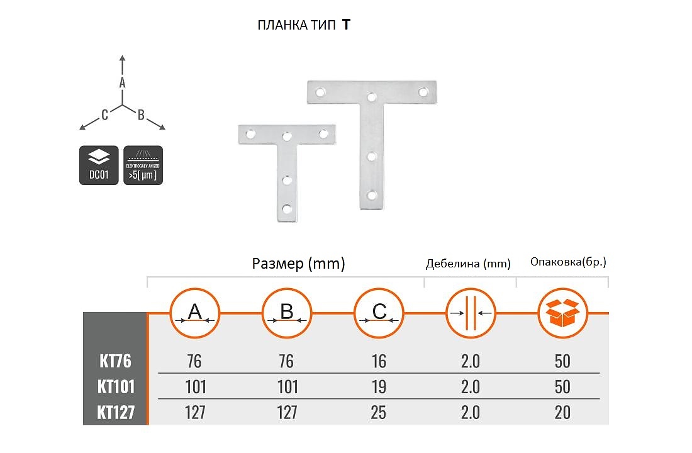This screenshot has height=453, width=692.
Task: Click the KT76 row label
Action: pyautogui.click(x=115, y=361)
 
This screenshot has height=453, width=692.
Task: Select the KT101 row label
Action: pyautogui.click(x=116, y=386)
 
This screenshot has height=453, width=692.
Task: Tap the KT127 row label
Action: pyautogui.click(x=116, y=412)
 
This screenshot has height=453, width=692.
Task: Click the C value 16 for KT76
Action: pyautogui.click(x=379, y=361)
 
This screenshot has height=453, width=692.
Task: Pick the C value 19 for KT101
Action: pyautogui.click(x=379, y=386)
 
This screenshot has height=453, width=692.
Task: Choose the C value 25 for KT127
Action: pyautogui.click(x=379, y=412)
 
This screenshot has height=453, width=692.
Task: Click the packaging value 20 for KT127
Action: pyautogui.click(x=562, y=412)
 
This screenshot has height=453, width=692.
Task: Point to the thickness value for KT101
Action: pyautogui.click(x=471, y=386)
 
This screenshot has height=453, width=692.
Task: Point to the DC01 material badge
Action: pyautogui.click(x=99, y=165)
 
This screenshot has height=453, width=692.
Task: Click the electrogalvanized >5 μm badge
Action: pyautogui.click(x=143, y=165)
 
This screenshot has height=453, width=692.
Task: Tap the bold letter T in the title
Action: pyautogui.click(x=346, y=25)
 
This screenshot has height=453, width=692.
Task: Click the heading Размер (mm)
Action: pyautogui.click(x=298, y=264)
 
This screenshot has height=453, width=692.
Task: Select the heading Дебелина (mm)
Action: pyautogui.click(x=469, y=264)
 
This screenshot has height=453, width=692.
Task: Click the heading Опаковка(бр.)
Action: pyautogui.click(x=564, y=262)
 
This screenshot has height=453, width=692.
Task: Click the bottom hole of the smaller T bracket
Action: pyautogui.click(x=287, y=208)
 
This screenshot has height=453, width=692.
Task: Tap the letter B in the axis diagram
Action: pyautogui.click(x=142, y=115)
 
